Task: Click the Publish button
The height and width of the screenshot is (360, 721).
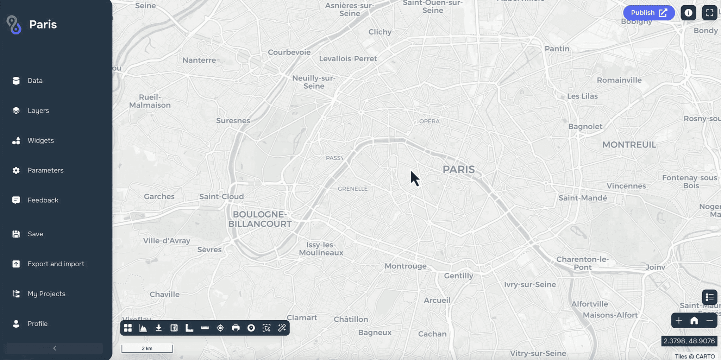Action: (648, 13)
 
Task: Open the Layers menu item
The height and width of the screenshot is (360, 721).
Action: (38, 110)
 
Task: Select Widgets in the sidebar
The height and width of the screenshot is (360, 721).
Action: (40, 140)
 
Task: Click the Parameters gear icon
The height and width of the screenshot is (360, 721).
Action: (16, 170)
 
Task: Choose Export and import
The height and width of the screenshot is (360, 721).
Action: (56, 264)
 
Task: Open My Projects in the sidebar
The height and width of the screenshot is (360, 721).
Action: (46, 294)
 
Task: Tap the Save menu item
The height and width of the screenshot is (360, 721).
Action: (35, 234)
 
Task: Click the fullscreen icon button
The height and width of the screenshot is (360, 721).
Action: (709, 13)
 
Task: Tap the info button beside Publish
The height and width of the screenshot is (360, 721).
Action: (688, 13)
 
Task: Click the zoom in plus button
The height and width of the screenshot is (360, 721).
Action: (679, 321)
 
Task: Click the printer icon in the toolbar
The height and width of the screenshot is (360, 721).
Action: (236, 328)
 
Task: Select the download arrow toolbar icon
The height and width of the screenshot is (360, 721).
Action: (158, 328)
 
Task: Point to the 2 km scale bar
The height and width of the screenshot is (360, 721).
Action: (147, 348)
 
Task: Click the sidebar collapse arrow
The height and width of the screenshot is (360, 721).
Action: (55, 348)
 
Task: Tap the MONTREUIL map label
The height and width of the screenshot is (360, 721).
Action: (629, 145)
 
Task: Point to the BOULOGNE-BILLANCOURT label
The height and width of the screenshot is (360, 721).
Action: (260, 219)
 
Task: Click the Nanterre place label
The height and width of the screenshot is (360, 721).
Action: (199, 60)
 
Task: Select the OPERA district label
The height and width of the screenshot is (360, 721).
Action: (429, 121)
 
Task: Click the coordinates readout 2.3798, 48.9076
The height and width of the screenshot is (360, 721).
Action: (689, 341)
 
